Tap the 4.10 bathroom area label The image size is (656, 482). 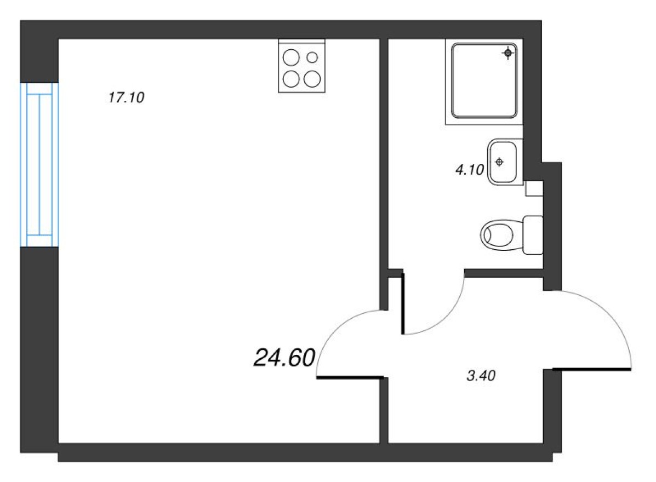pos(469,170)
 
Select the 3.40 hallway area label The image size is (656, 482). pos(483,376)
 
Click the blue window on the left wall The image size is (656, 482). pos(39,164)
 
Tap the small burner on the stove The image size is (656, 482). pos(313,56)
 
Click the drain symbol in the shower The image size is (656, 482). pos(508,53)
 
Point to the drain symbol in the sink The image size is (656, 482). pos(499,162)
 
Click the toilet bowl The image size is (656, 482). pos(498,235)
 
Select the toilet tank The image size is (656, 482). pos(533,235)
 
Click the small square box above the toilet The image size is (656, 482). pos(533,188)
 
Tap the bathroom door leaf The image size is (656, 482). pos(403,304)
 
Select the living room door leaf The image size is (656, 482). pos(349,377)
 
